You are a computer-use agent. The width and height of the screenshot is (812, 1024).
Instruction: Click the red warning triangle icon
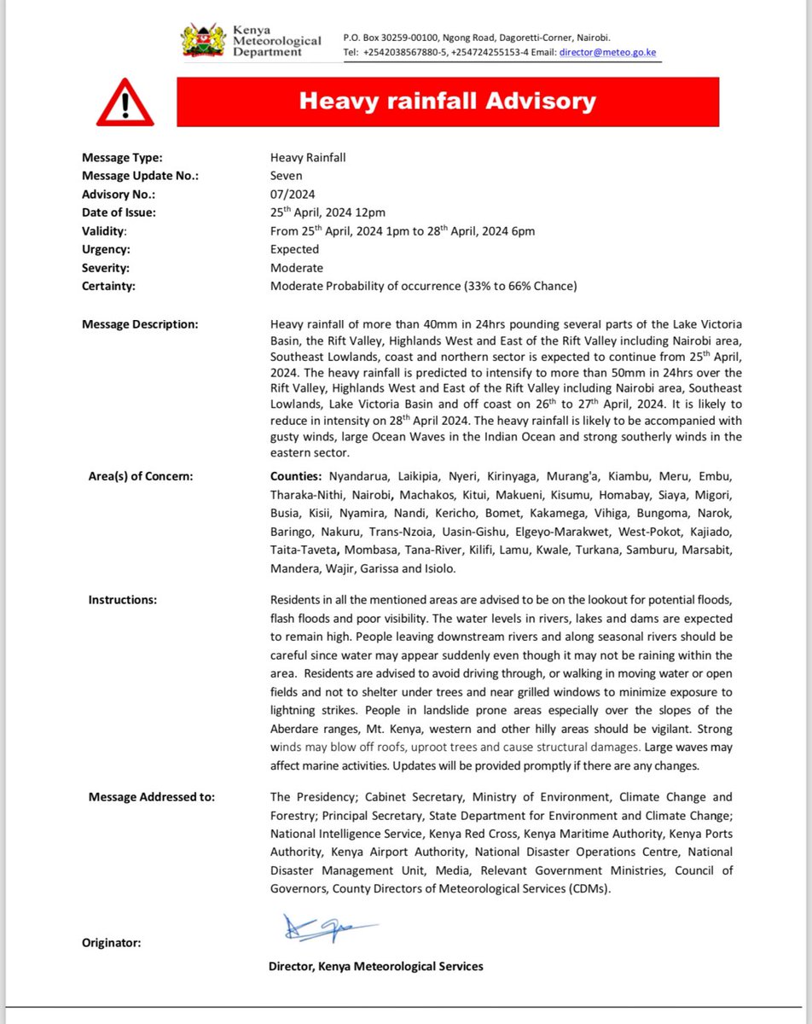(125, 103)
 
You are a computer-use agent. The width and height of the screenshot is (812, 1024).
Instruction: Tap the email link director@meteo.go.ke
(607, 52)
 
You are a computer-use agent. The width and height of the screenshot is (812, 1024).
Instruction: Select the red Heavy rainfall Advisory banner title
(447, 102)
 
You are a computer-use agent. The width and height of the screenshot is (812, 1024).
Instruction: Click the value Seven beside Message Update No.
(287, 176)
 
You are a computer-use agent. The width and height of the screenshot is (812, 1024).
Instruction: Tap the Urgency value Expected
(294, 249)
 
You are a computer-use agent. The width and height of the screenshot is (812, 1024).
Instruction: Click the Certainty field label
(108, 286)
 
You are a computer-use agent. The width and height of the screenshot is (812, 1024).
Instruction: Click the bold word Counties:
(296, 476)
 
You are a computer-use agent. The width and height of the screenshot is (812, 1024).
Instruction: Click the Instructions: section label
(123, 600)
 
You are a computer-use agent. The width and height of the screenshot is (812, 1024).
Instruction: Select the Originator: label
(111, 943)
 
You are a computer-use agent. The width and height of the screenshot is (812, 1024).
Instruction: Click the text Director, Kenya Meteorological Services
(375, 966)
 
